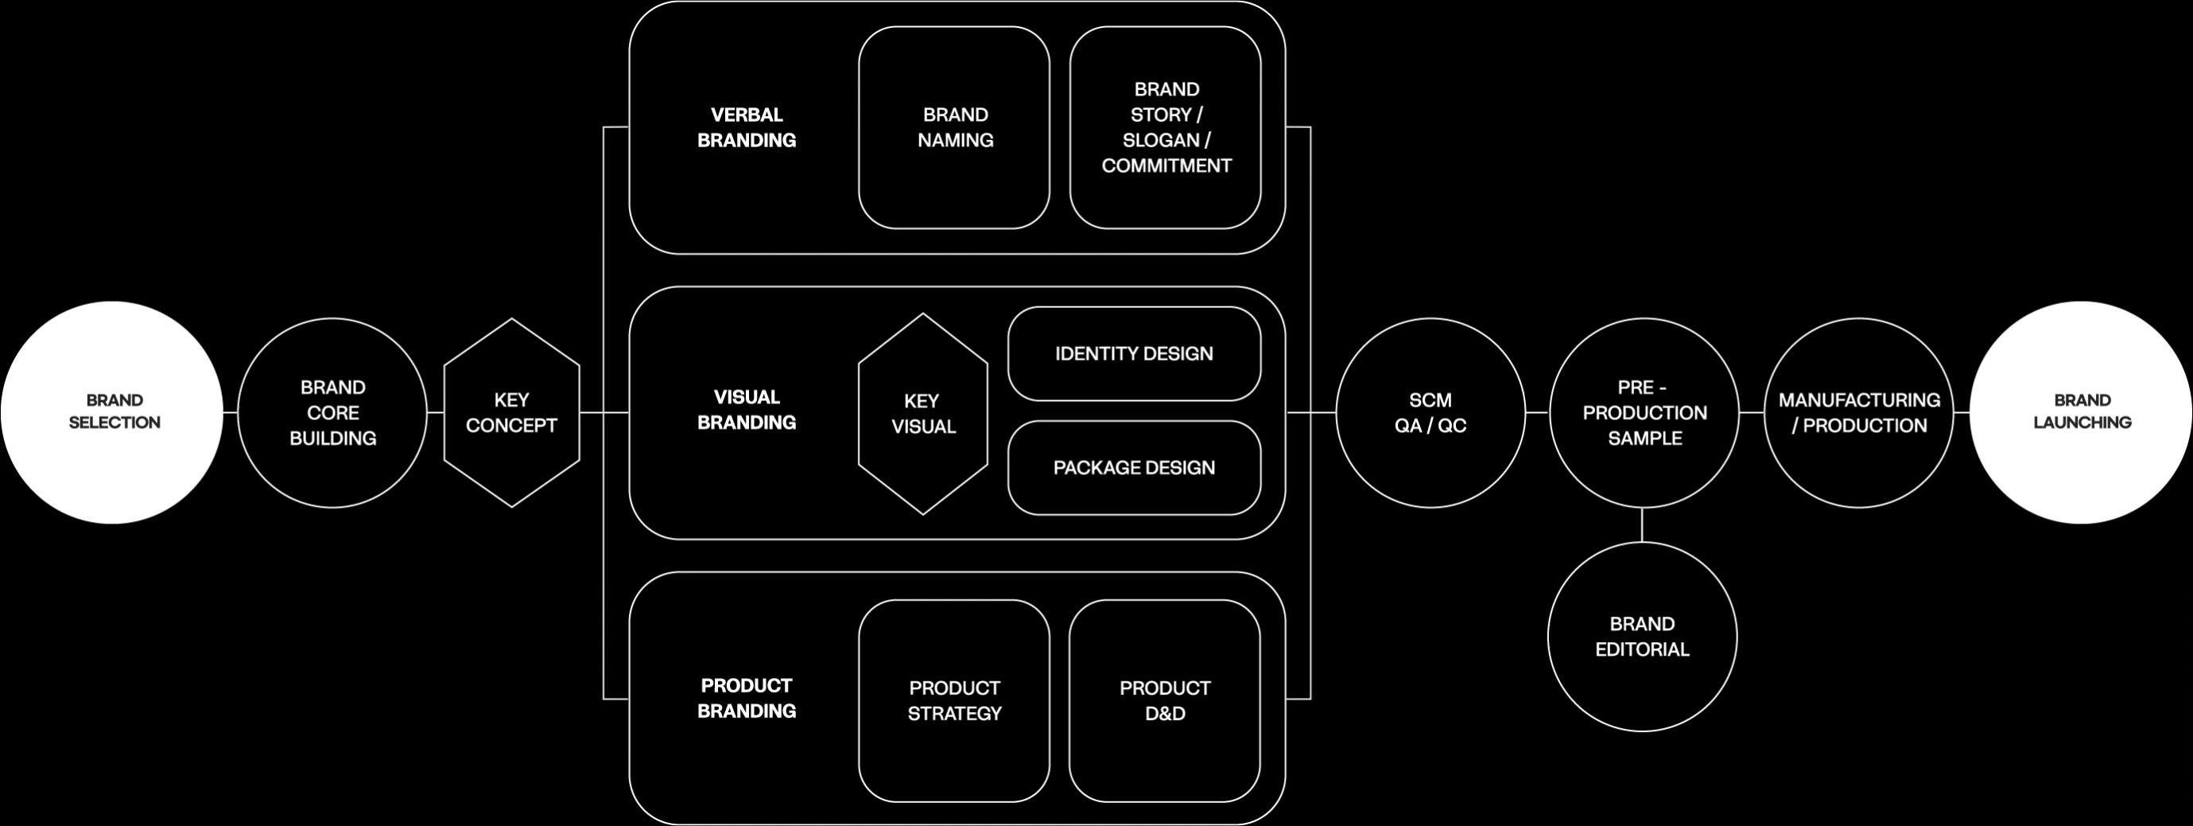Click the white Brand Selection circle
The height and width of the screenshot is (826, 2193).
click(112, 412)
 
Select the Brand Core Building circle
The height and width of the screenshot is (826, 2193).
click(332, 413)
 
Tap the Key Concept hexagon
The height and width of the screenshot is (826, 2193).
click(511, 413)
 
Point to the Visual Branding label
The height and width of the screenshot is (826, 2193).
click(747, 410)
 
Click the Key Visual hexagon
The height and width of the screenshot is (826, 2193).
click(923, 414)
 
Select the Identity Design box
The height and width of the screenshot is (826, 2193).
click(1134, 353)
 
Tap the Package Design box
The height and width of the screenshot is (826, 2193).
click(1134, 467)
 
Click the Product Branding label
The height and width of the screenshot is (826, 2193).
click(747, 698)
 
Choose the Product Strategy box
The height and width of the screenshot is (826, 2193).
click(954, 701)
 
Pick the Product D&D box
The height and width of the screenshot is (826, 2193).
click(1165, 701)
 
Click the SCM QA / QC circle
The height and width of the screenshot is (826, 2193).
click(1430, 413)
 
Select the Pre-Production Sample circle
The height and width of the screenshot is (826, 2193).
click(1644, 413)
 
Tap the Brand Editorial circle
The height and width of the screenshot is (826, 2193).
click(1642, 637)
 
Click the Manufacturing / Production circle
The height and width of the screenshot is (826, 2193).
click(1859, 413)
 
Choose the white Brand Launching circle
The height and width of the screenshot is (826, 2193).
click(2082, 412)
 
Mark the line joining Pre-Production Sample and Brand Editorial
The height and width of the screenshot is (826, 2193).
click(1642, 524)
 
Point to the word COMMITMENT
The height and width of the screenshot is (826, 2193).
click(1166, 166)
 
